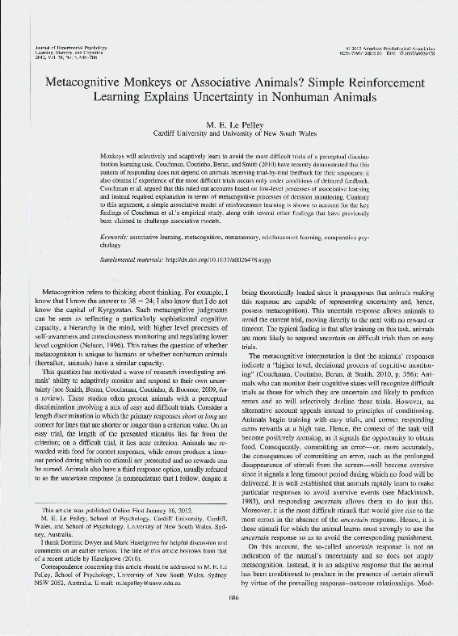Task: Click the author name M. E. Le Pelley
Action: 229,124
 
